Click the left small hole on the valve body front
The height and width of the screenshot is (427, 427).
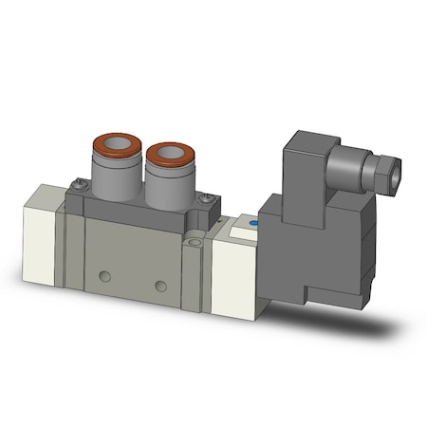(x=104, y=276)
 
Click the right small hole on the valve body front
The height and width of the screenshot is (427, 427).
(x=160, y=286)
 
